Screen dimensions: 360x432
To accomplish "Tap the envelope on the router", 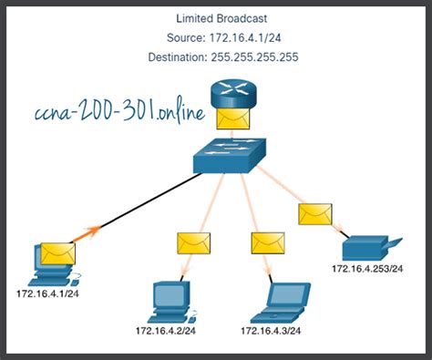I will click(227, 117).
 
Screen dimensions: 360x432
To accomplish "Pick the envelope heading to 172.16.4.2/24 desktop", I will click(192, 242).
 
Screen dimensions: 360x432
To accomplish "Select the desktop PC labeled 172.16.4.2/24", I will click(169, 299).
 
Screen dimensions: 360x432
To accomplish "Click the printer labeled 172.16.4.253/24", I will click(369, 248).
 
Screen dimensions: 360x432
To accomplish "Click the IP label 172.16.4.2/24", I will click(170, 330).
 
